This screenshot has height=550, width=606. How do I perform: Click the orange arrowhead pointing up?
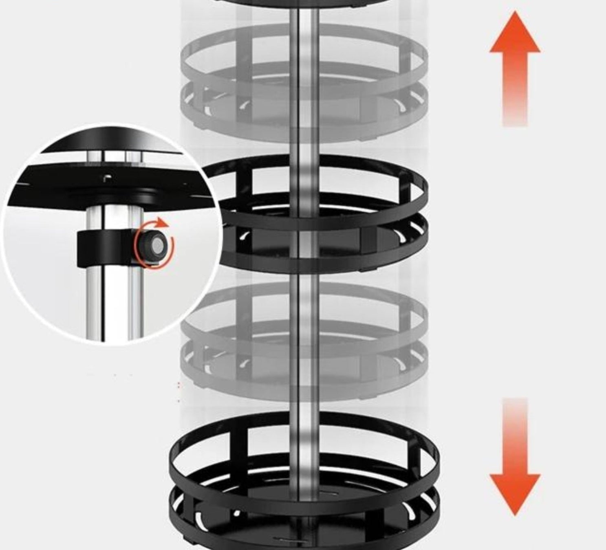pos(515,35)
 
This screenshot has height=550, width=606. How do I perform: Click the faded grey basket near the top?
pos(304,81)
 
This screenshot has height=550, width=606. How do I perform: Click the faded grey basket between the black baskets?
pos(304,338)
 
